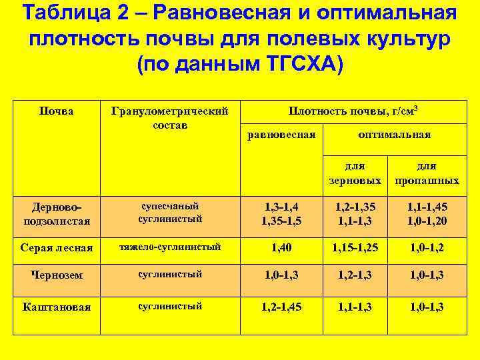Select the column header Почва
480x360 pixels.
point(57,111)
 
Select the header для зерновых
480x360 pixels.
point(355,173)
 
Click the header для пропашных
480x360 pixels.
point(427,173)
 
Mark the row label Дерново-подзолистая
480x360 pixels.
point(57,213)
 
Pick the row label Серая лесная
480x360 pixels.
point(57,247)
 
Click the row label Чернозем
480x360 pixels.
point(57,275)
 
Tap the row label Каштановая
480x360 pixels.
point(57,307)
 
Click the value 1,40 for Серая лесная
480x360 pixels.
point(281,247)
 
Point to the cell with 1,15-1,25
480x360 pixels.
point(355,247)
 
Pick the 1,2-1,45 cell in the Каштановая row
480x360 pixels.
point(281,307)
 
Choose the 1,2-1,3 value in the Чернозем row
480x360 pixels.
point(355,275)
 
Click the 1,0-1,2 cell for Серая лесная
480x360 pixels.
point(427,247)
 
